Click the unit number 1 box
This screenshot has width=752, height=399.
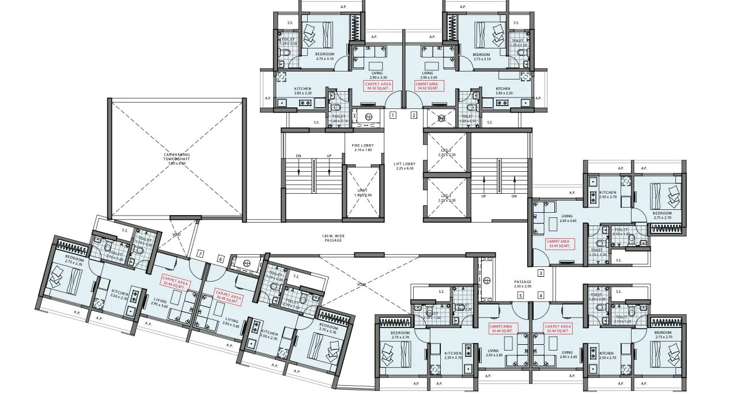point(392,115)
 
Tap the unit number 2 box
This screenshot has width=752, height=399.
point(413,115)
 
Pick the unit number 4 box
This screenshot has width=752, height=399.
point(541,296)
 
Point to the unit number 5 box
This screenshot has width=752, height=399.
point(520,296)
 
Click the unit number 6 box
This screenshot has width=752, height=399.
point(220,259)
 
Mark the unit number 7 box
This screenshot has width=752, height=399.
point(200,253)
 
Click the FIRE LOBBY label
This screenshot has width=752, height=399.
point(363,148)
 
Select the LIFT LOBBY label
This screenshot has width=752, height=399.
point(405,166)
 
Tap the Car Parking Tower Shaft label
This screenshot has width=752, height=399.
point(176,159)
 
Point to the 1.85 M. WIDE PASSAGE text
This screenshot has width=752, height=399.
point(333,238)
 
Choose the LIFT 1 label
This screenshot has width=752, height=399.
point(362,192)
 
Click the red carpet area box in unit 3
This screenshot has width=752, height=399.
point(558,243)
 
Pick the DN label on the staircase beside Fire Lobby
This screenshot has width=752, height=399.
point(298,156)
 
